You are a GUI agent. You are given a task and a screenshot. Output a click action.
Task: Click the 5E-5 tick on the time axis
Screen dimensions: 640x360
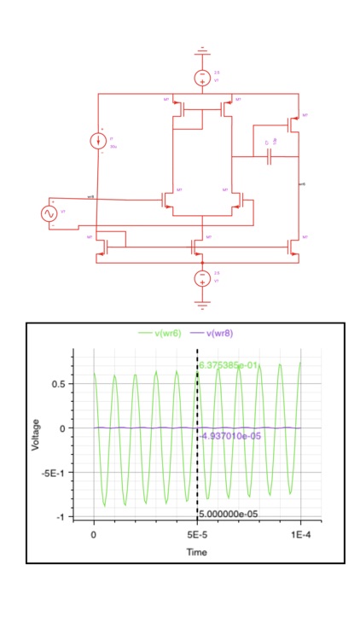click(x=197, y=533)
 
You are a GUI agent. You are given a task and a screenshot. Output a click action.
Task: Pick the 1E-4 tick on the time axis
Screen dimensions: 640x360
click(x=301, y=533)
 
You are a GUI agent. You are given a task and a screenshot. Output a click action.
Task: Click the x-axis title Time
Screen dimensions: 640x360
click(x=197, y=552)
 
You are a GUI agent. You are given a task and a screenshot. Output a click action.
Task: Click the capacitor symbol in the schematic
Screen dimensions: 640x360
click(x=270, y=157)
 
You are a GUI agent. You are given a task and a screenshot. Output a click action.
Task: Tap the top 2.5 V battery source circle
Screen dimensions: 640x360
click(x=201, y=77)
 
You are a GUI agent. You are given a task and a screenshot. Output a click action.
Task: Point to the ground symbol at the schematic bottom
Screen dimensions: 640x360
click(x=201, y=301)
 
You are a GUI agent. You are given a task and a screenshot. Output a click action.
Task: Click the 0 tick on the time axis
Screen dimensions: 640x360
click(x=93, y=533)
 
